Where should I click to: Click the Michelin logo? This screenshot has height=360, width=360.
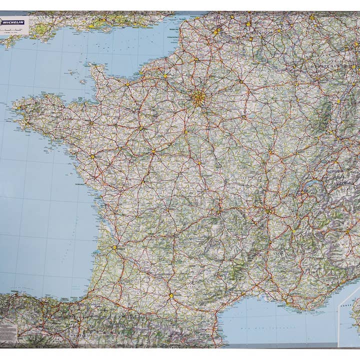14,22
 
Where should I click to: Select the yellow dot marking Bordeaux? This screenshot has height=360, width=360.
114,247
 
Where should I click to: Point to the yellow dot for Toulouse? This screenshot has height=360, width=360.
170,295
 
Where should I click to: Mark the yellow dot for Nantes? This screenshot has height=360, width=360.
92,156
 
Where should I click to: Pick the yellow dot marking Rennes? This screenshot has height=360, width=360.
91,122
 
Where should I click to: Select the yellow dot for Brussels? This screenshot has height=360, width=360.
248,23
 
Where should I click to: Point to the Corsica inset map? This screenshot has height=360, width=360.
350,320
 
